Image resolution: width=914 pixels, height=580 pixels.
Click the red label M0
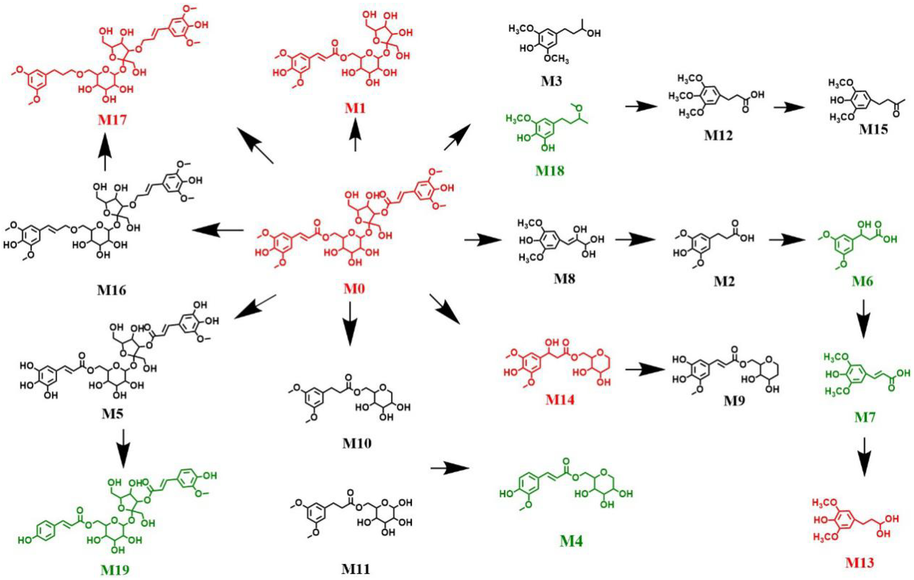pyautogui.click(x=354, y=289)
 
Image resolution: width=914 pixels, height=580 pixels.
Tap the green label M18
pyautogui.click(x=550, y=171)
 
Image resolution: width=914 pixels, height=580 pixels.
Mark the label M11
pyautogui.click(x=355, y=569)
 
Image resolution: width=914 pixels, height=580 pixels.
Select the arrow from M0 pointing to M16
pyautogui.click(x=218, y=230)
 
